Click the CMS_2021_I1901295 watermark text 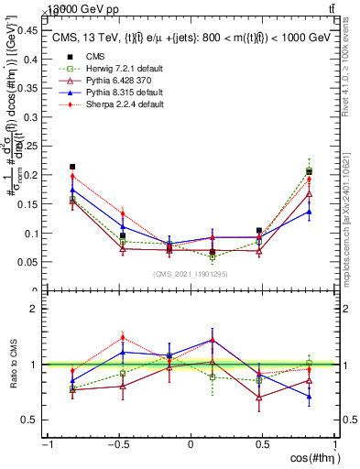click(x=191, y=274)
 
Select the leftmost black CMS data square click(x=72, y=167)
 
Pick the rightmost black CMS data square click(x=309, y=171)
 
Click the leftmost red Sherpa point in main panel click(x=72, y=177)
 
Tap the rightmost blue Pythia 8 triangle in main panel click(x=309, y=212)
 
